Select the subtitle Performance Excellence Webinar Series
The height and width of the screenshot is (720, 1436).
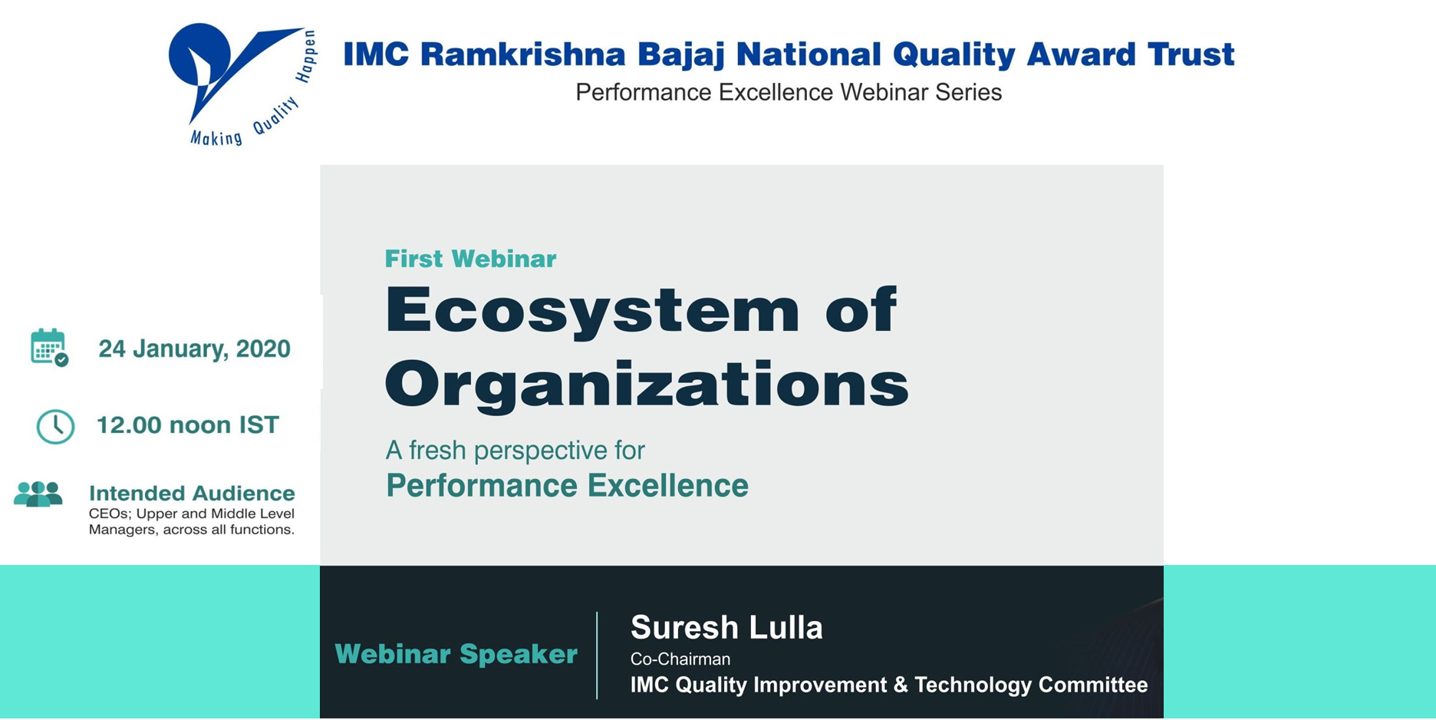789,93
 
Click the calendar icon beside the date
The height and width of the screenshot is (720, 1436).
49,348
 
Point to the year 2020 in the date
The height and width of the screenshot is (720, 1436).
263,349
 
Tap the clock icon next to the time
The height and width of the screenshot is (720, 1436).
55,426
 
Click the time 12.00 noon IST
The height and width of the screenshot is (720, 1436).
187,425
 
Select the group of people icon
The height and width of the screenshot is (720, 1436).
38,494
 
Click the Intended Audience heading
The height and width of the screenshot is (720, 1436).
192,493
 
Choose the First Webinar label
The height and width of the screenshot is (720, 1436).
470,259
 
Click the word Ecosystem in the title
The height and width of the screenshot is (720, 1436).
592,310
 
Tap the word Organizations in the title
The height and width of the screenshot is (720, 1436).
647,384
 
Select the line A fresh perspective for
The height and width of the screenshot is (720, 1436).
515,450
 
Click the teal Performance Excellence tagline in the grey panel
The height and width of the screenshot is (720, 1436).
567,486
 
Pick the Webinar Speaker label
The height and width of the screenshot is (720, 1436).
456,654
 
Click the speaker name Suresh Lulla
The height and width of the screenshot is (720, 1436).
726,628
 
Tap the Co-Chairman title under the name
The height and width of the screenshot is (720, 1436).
680,659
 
